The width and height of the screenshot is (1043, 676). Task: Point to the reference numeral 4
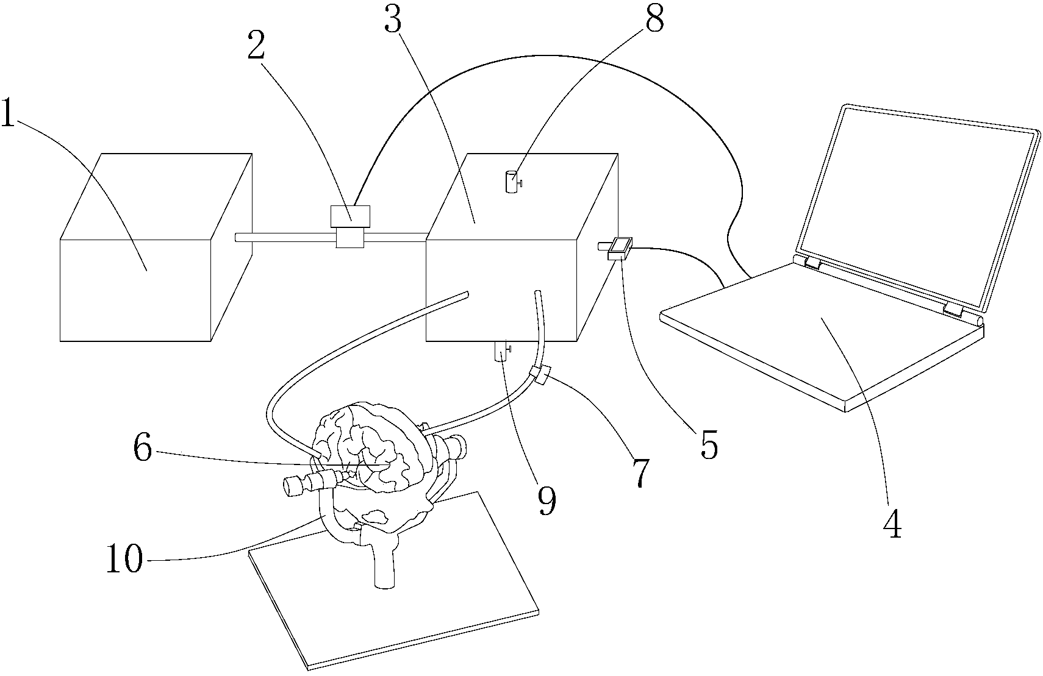(x=892, y=523)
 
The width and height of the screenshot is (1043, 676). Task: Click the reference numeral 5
(x=709, y=445)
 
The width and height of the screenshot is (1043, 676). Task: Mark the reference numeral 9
(x=547, y=501)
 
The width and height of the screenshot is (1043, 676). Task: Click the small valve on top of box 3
(x=513, y=182)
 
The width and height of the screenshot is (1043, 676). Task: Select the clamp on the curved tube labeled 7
(x=540, y=375)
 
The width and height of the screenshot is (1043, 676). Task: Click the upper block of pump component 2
(x=350, y=216)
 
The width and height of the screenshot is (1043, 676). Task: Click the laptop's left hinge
(x=812, y=263)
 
